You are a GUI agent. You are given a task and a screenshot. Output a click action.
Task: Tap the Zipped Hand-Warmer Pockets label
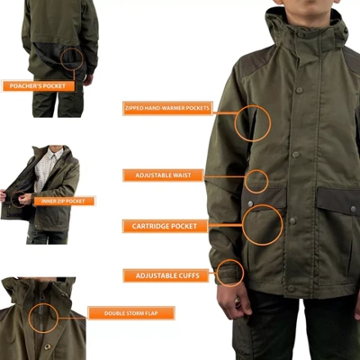tap(167, 108)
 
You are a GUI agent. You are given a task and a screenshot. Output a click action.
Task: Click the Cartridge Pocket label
tap(166, 226)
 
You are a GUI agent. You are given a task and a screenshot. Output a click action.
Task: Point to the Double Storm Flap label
tap(131, 313)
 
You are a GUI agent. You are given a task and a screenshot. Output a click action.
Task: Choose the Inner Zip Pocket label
tap(65, 201)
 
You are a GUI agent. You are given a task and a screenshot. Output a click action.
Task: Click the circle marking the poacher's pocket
tap(73, 59)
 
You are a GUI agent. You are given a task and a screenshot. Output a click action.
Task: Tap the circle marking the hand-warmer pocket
tap(252, 122)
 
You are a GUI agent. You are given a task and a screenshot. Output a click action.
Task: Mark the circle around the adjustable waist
tap(256, 181)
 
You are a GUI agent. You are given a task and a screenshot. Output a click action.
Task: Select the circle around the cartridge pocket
tap(263, 225)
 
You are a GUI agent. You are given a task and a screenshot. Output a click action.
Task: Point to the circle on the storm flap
tap(42, 318)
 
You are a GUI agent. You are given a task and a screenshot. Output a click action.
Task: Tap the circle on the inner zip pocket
tap(17, 198)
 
